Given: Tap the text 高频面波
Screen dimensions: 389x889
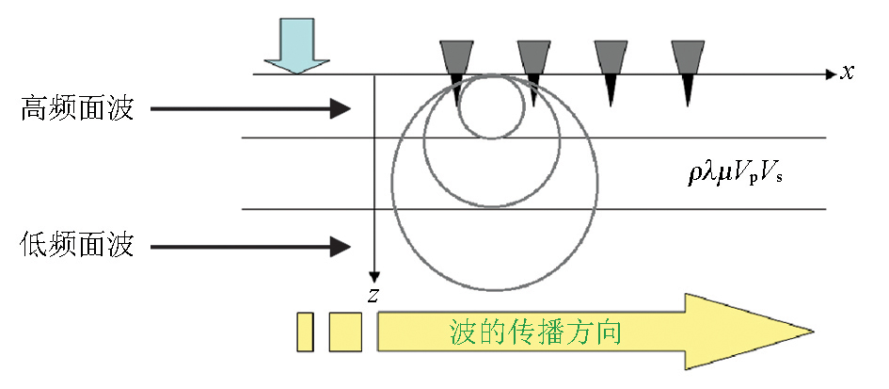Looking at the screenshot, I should click(x=77, y=110).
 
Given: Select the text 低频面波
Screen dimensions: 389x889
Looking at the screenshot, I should click(x=77, y=247).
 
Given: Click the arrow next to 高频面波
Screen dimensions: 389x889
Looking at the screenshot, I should click(x=250, y=110).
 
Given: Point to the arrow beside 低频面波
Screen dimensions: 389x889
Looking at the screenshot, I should click(x=250, y=248).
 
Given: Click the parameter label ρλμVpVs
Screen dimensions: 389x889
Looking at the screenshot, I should click(x=737, y=173).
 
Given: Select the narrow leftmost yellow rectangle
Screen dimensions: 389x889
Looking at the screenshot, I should click(x=305, y=332).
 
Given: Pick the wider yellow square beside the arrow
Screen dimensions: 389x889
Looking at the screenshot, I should click(x=345, y=332).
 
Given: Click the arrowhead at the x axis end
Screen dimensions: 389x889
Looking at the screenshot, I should click(x=829, y=73).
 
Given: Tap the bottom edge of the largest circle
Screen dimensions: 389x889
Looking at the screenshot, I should click(x=492, y=286).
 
